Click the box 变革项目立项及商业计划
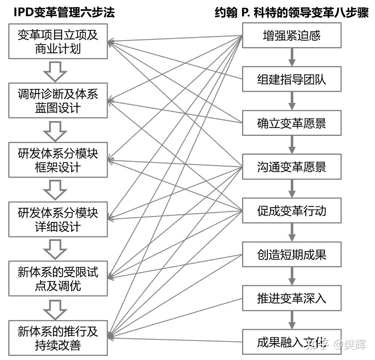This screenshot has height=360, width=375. (x=58, y=42)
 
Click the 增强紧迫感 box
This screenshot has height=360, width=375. (x=291, y=35)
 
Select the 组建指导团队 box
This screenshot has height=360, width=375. (x=291, y=79)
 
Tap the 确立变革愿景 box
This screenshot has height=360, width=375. (x=291, y=123)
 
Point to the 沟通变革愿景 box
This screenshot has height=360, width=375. (x=291, y=167)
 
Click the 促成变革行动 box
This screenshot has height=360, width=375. (x=291, y=211)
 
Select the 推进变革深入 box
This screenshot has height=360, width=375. (x=291, y=298)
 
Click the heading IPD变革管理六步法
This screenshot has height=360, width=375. (x=64, y=13)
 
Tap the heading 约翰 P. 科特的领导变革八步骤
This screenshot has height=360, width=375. (x=291, y=13)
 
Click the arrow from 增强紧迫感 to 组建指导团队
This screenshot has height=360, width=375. (x=291, y=57)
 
